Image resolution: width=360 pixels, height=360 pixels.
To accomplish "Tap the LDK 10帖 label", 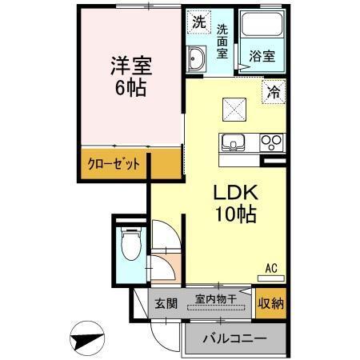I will (234, 203).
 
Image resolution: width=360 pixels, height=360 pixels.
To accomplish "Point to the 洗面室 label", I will (223, 42).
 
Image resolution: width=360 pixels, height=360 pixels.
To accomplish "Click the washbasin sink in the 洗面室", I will (197, 57).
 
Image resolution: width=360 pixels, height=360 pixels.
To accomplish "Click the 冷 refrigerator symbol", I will (274, 91).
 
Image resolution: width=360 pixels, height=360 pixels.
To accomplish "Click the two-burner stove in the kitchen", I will (272, 144).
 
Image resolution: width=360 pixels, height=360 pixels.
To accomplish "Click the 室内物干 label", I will (215, 299).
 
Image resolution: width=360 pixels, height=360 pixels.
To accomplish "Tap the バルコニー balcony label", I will (234, 338).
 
